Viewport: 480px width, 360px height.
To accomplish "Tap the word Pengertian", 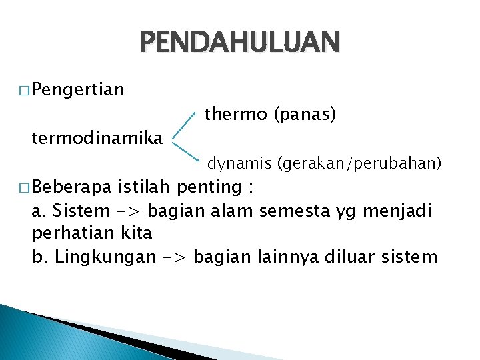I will coord(77,89).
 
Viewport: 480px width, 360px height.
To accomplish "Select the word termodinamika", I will coord(97,138).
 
